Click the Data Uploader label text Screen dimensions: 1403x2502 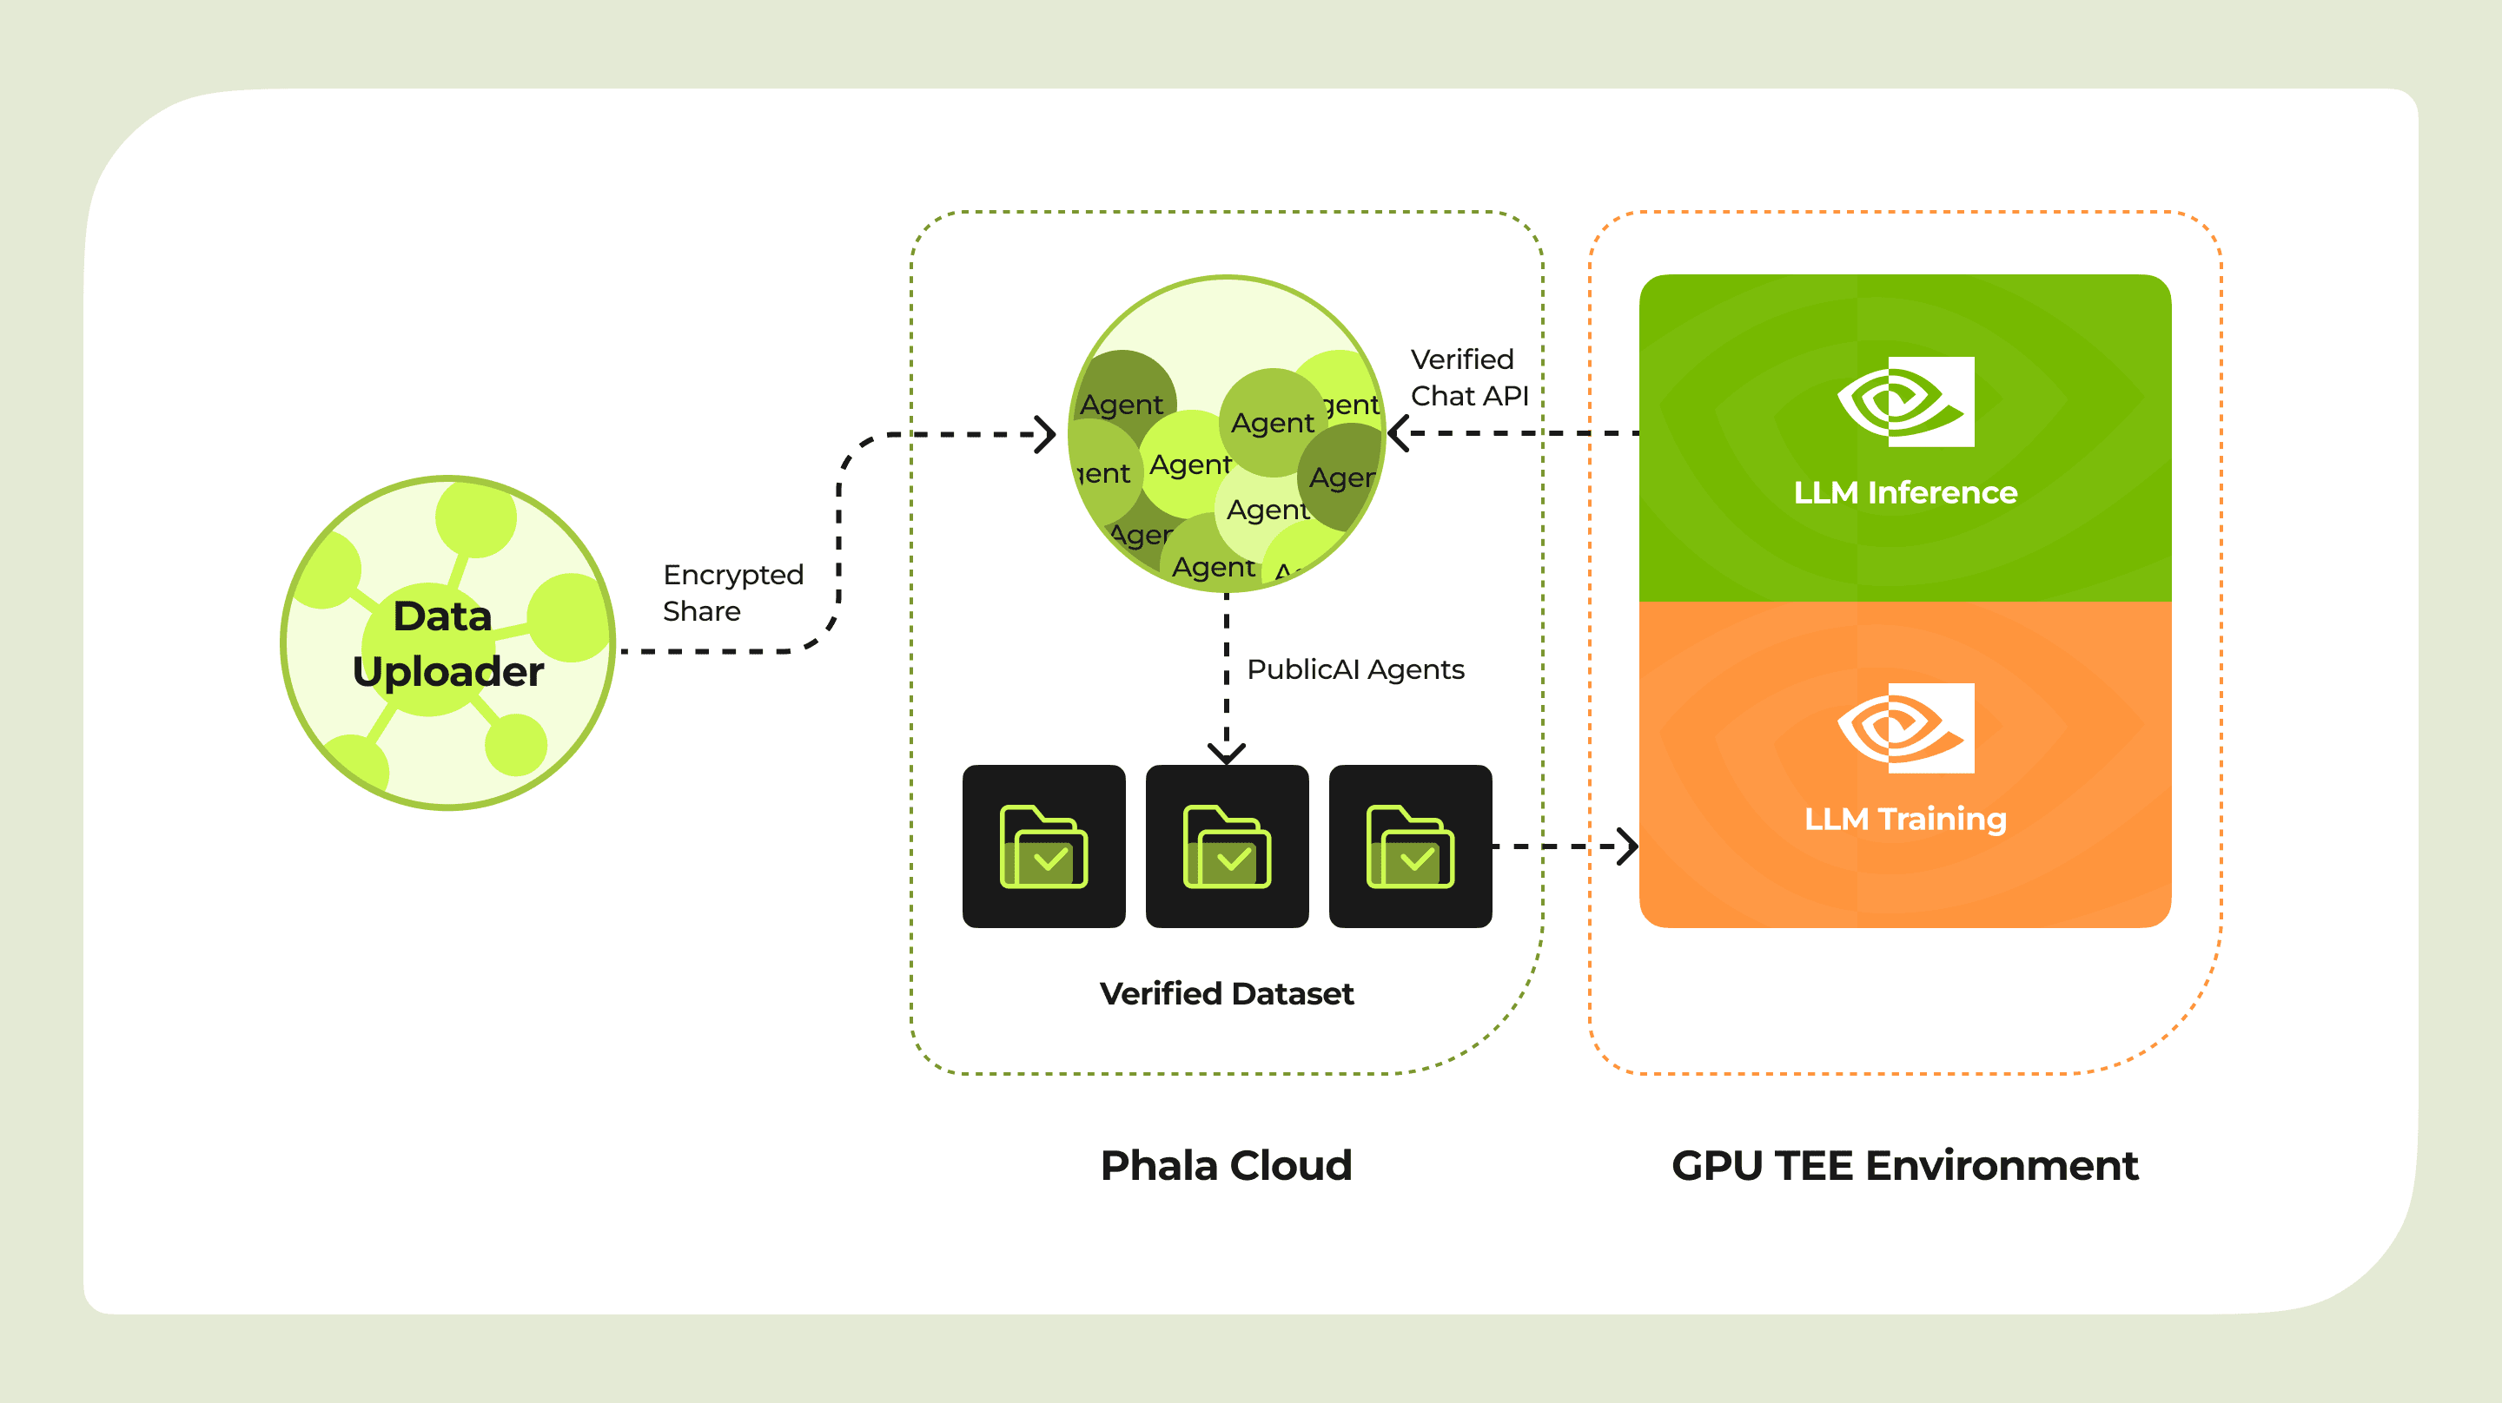447,642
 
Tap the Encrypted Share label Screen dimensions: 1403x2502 732,592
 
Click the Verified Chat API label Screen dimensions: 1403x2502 1468,378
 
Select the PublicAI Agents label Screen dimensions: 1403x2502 1355,669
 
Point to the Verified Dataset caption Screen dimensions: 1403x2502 1226,993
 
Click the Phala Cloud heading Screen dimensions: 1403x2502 1226,1164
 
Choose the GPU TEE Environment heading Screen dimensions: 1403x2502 1903,1164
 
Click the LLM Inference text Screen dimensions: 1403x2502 1904,492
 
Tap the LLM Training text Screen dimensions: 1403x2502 1904,819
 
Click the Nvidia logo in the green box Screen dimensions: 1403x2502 1904,401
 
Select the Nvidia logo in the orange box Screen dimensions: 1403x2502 1904,728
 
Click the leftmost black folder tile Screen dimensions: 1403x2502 1043,846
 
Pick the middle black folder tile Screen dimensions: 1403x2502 1227,846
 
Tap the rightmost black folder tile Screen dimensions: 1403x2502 1409,846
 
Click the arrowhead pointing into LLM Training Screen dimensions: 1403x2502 1629,846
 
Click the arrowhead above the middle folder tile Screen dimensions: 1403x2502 1227,754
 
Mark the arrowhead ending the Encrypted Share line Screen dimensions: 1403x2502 1045,434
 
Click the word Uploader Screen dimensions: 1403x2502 447,671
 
